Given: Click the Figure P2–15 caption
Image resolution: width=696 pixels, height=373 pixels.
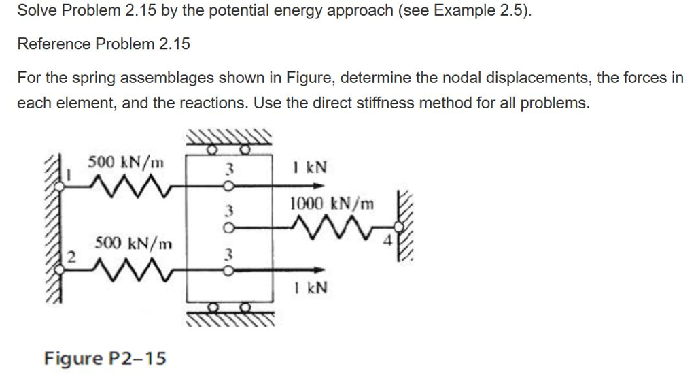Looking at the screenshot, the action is [x=105, y=358].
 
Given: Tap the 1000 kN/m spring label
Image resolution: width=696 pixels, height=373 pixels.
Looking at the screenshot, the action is [x=332, y=204].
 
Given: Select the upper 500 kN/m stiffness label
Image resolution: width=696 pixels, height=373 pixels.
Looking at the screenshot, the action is [x=126, y=162].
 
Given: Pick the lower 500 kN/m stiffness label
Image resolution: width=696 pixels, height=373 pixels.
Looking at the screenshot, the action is [x=133, y=244].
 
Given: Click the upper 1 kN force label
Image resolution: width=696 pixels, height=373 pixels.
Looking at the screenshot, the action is [x=310, y=167].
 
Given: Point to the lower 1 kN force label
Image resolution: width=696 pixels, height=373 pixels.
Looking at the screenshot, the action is [x=310, y=288].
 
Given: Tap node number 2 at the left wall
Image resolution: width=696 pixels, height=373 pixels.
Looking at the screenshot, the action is [x=71, y=257].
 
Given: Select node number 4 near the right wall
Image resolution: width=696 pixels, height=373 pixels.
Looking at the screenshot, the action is [x=388, y=242].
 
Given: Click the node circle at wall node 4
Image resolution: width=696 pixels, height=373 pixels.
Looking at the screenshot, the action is [x=399, y=227].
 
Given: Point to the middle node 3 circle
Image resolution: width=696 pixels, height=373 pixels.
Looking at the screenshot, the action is [x=228, y=228].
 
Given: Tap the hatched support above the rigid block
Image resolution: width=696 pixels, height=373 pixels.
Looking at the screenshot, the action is [x=228, y=137].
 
